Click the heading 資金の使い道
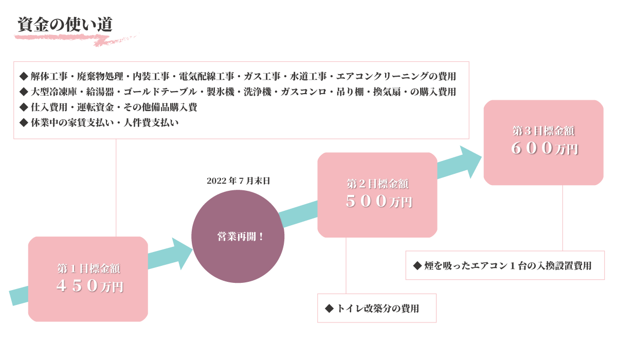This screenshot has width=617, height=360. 65,25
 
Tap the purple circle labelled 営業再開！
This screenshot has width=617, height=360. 238,237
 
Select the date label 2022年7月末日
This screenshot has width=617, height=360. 238,181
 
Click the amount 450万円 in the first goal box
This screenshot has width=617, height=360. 90,286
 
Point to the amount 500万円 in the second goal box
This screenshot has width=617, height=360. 378,202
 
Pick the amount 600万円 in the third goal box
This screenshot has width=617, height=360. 544,148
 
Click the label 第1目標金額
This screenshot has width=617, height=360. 88,268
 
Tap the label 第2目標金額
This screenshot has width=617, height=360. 377,184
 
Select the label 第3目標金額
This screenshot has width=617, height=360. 543,131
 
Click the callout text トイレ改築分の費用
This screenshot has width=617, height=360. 377,309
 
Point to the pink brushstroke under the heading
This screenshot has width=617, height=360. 77,38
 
